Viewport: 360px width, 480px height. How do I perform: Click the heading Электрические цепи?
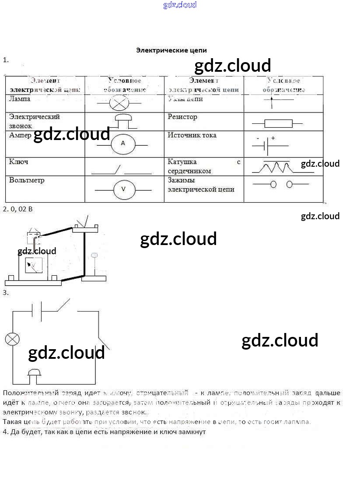coord(171,50)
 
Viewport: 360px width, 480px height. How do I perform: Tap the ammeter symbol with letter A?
coord(122,144)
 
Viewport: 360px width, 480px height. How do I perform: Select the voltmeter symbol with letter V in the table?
coord(123,189)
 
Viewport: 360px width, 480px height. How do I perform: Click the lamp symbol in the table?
coord(117,104)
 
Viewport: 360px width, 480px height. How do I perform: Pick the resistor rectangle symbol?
coord(278,123)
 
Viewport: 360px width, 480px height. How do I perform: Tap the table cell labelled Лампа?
coord(20,99)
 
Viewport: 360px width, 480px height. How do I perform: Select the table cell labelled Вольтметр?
coord(27,180)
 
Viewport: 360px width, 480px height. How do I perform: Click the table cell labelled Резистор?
coord(182,117)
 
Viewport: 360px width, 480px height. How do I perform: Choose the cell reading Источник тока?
coord(192,135)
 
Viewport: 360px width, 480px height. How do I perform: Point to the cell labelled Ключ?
coord(19,162)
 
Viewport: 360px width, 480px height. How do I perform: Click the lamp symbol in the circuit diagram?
coord(12,339)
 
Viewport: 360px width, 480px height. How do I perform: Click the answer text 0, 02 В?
coord(17,209)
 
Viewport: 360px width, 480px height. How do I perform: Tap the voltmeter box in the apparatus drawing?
coord(34,265)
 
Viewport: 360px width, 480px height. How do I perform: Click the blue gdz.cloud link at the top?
coord(180,5)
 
